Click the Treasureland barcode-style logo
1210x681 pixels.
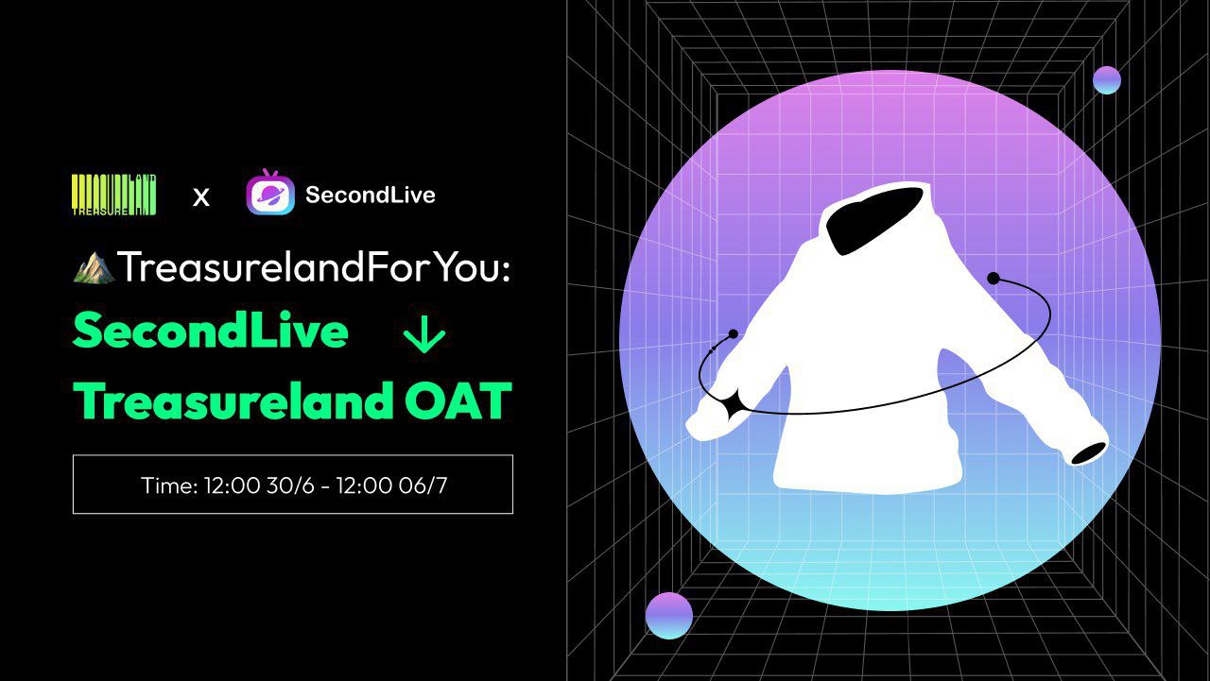(x=114, y=195)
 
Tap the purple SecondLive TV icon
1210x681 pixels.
(x=270, y=192)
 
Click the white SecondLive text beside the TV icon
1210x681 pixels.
(x=370, y=195)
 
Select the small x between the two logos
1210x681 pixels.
(x=201, y=197)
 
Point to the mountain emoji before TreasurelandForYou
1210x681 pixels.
(x=94, y=267)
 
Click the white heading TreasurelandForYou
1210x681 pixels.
(x=313, y=267)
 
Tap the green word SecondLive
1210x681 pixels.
(x=211, y=330)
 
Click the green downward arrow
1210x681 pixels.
(x=424, y=333)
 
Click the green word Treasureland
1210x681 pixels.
(x=233, y=400)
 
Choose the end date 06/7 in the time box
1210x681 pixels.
(x=423, y=485)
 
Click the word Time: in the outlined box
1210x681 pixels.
(x=169, y=485)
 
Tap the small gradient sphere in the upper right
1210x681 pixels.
(x=1107, y=80)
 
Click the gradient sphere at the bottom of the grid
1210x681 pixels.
(x=668, y=616)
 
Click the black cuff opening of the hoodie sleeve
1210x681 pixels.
(x=1088, y=453)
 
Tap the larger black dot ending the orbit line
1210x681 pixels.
(x=993, y=279)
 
